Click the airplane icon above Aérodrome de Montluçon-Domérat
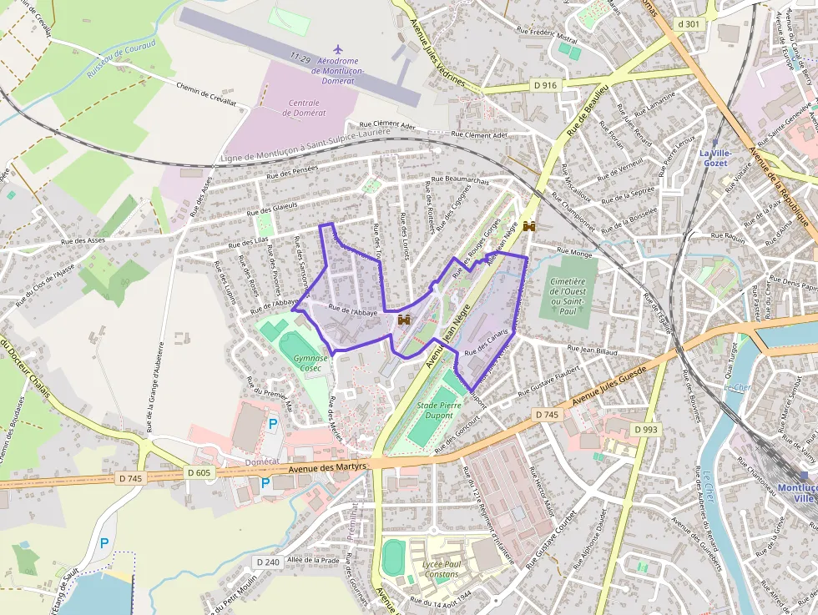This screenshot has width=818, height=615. (x=337, y=51)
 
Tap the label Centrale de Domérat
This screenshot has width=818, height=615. (x=304, y=107)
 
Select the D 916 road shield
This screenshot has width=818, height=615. (x=544, y=85)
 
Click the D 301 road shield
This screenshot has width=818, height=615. (x=689, y=24)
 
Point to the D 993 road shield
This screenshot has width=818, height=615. (x=645, y=429)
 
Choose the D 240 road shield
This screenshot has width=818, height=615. (x=267, y=562)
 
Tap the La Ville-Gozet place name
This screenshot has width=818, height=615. (x=715, y=158)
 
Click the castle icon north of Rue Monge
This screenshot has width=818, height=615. (x=528, y=226)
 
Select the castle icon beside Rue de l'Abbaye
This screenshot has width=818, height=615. (x=405, y=320)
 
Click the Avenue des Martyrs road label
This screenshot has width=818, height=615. (x=327, y=468)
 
